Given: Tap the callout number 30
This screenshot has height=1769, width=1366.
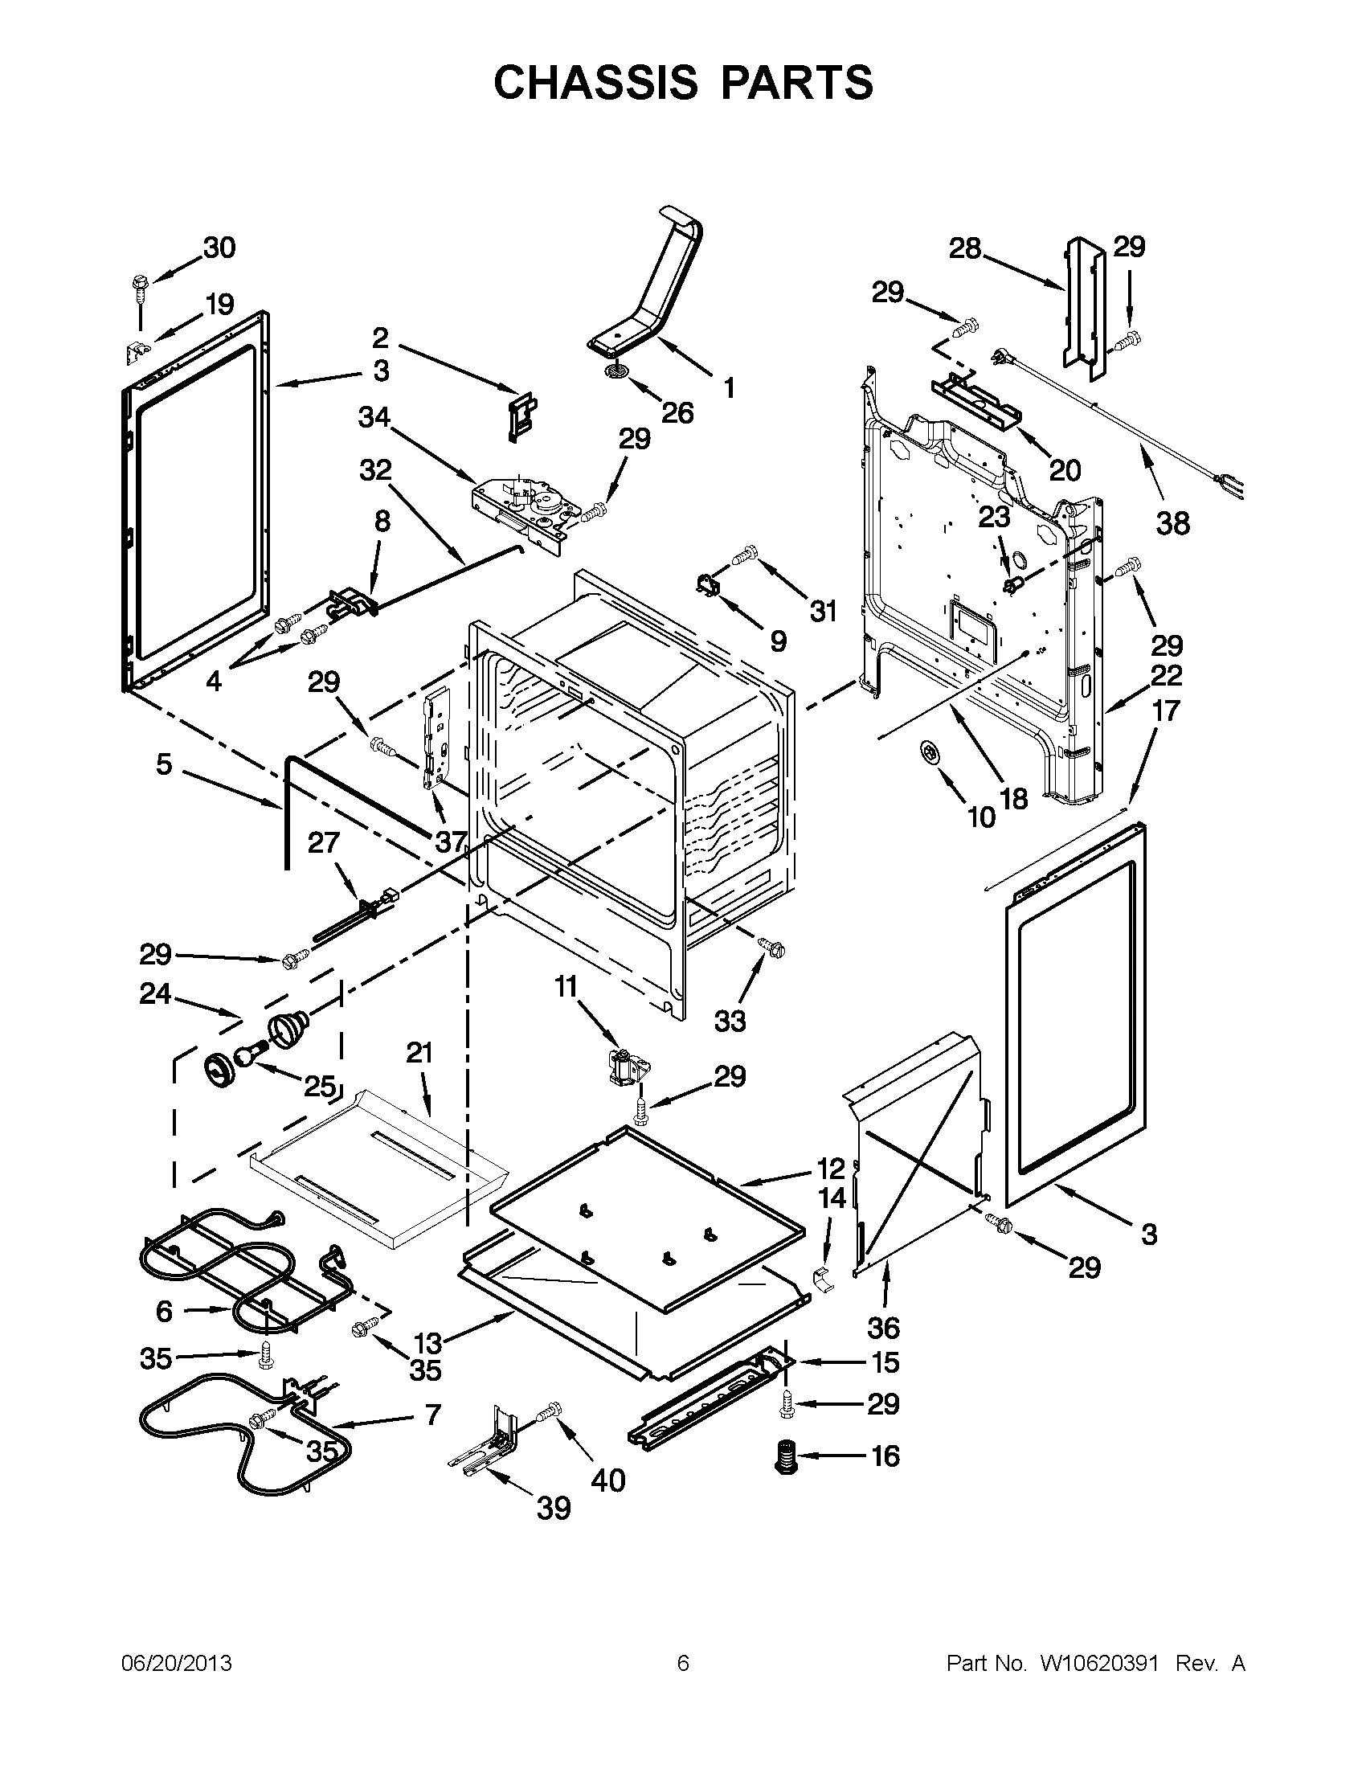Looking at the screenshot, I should [x=219, y=248].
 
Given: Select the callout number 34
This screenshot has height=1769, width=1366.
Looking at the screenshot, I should [x=374, y=418].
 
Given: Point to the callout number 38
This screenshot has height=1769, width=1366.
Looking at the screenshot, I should [x=1172, y=523].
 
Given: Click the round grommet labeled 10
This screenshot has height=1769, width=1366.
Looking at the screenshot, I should [x=930, y=753].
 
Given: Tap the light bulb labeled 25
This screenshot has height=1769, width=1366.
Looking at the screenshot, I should [x=249, y=1056].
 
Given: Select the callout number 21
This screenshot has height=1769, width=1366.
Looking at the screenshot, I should [x=419, y=1053].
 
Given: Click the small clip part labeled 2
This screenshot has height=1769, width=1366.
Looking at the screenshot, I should [x=523, y=416].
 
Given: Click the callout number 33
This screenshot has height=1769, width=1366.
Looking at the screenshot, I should [x=730, y=1021].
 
